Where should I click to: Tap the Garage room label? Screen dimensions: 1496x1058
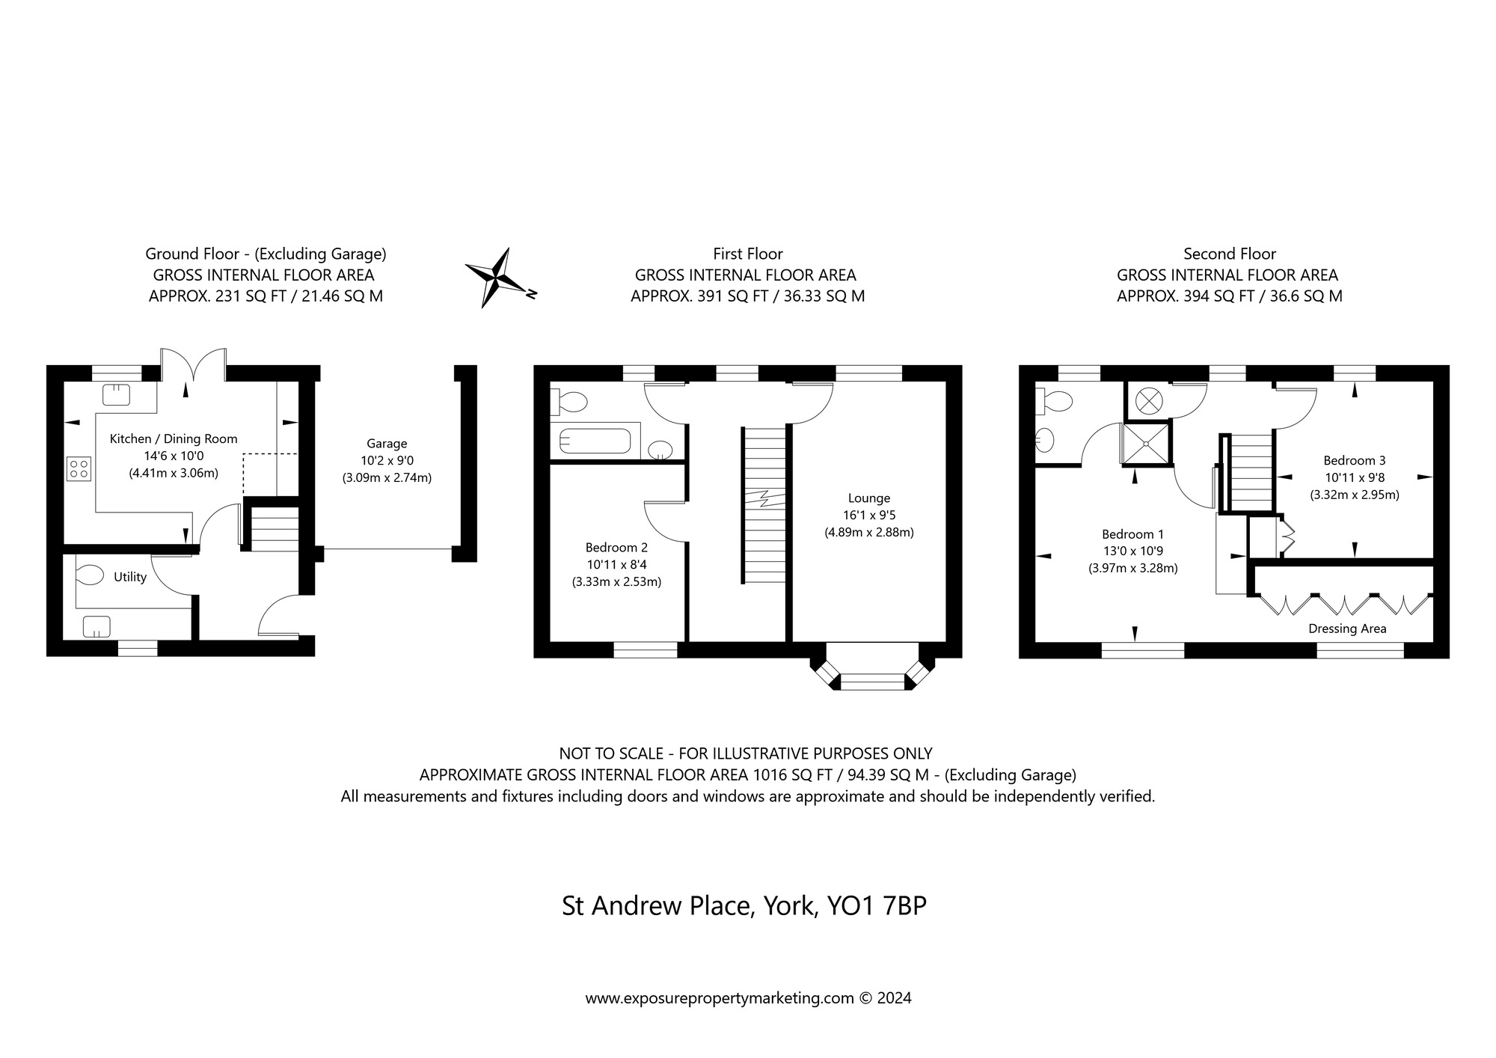click(387, 444)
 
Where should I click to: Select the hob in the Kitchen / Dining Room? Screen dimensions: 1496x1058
click(79, 469)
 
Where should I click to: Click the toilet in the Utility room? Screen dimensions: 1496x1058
click(89, 575)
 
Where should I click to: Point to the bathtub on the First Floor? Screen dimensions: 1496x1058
click(595, 440)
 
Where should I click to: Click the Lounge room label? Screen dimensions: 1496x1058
click(869, 498)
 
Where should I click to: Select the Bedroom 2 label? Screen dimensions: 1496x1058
click(616, 548)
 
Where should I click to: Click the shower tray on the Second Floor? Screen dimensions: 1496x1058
click(1144, 444)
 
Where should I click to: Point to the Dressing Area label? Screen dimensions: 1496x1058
click(1347, 629)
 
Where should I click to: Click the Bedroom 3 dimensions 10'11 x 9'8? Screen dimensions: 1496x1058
click(1354, 477)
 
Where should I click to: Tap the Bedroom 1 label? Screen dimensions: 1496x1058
click(1132, 534)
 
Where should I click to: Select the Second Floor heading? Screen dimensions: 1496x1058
click(1230, 254)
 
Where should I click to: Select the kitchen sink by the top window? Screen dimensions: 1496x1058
click(116, 394)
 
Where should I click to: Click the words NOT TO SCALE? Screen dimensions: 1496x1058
click(611, 753)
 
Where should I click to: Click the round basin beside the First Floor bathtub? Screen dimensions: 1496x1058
click(660, 450)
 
